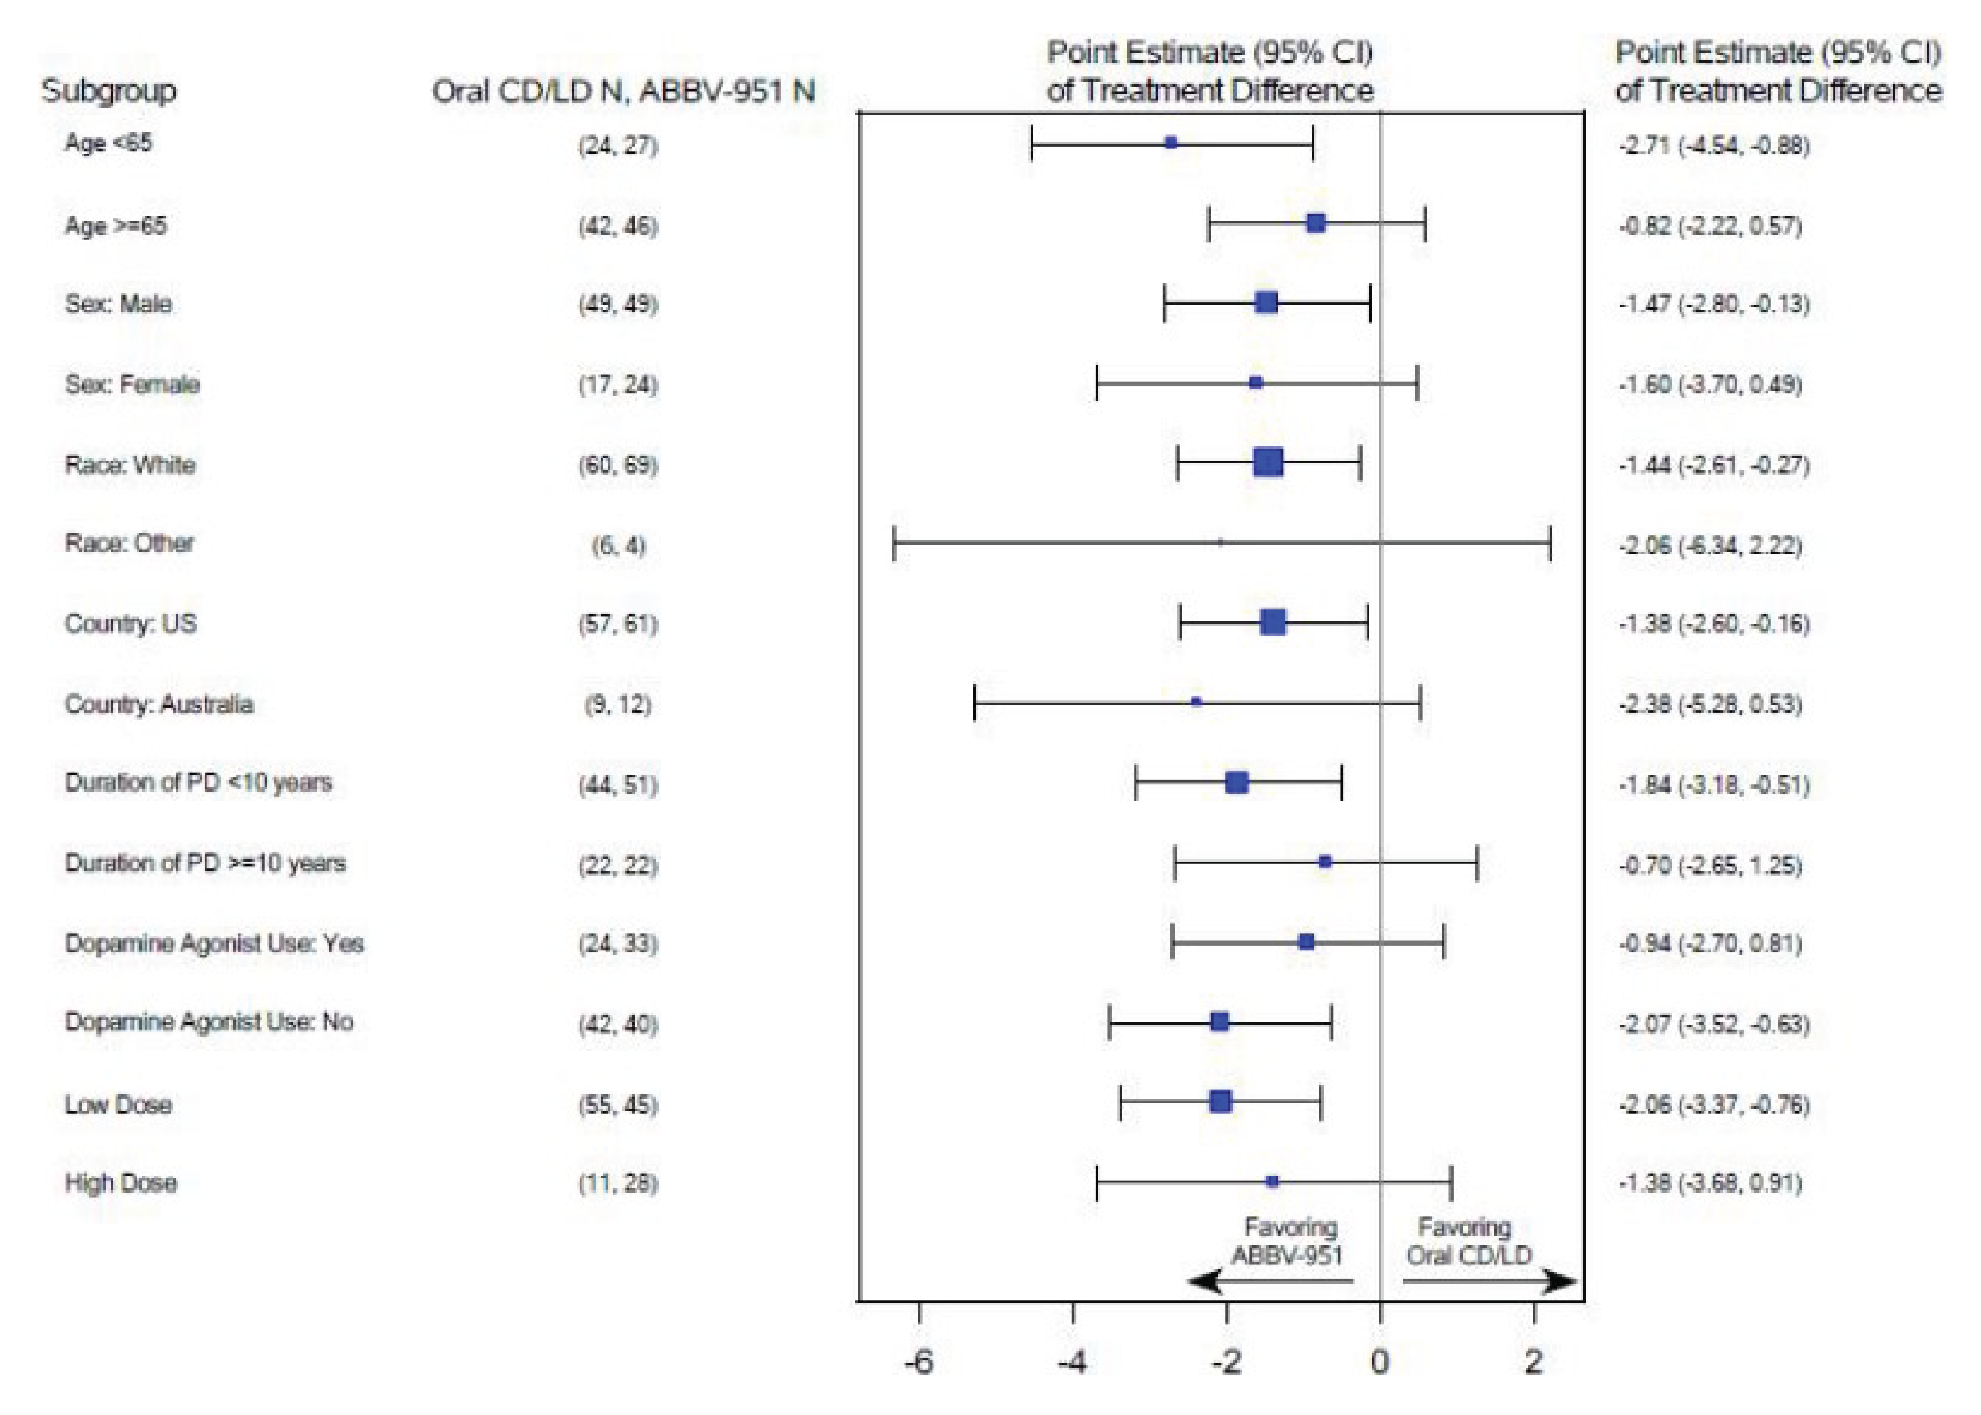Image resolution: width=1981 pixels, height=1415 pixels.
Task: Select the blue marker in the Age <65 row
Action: pyautogui.click(x=1171, y=142)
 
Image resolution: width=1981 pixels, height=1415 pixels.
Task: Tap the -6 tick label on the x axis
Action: pyautogui.click(x=918, y=1361)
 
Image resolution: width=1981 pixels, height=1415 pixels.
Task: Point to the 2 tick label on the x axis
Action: pyautogui.click(x=1533, y=1361)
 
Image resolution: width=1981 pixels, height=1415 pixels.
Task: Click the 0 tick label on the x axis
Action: pyautogui.click(x=1380, y=1361)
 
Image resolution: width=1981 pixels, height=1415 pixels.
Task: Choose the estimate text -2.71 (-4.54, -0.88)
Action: pyautogui.click(x=1714, y=145)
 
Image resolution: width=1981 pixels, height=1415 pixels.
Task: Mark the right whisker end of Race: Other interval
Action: pyautogui.click(x=1550, y=543)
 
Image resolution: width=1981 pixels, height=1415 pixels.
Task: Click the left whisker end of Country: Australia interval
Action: pyautogui.click(x=974, y=702)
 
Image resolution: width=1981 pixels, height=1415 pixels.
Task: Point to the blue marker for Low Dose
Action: pyautogui.click(x=1221, y=1101)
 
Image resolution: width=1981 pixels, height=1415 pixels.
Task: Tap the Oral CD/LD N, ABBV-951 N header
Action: pyautogui.click(x=623, y=91)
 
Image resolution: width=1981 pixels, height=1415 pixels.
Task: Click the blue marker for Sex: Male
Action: pyautogui.click(x=1266, y=302)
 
